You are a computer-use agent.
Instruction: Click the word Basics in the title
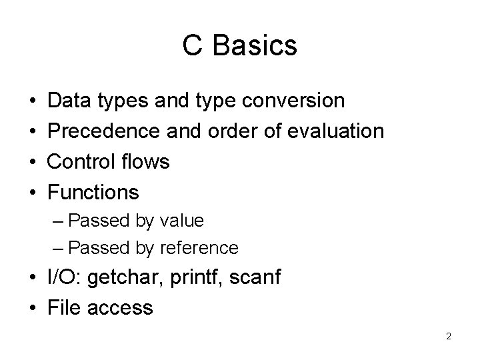point(257,46)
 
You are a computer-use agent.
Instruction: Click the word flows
point(149,162)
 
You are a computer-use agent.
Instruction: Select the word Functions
point(94,193)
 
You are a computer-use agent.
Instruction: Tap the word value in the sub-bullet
point(181,220)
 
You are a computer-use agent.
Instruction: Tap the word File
point(65,307)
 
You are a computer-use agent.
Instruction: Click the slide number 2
point(449,337)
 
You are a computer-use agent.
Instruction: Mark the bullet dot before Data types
point(33,101)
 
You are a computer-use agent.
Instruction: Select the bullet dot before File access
point(33,308)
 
